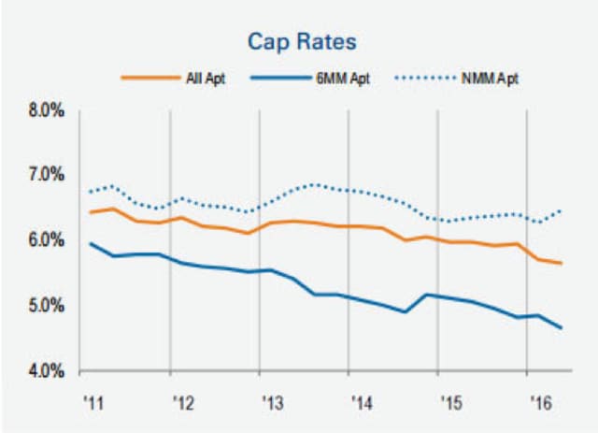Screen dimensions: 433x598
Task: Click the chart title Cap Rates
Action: tap(298, 42)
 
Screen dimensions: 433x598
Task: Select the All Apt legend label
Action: tap(200, 78)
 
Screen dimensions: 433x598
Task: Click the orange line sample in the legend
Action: tap(147, 78)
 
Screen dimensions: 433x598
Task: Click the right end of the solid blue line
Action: tap(562, 328)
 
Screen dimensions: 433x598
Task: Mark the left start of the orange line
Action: tap(90, 212)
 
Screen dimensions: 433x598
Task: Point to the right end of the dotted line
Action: tap(562, 211)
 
